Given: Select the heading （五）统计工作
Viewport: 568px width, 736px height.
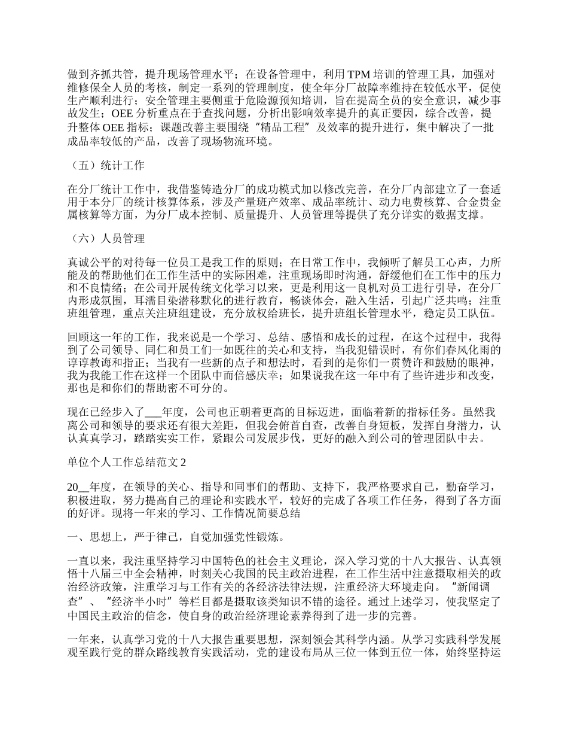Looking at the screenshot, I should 105,165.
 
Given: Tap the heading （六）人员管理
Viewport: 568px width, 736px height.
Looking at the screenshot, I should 105,239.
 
